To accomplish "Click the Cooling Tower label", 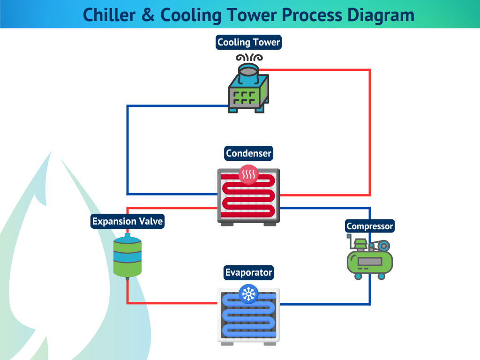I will [248, 42].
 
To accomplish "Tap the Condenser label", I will [248, 153].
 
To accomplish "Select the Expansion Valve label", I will [127, 221].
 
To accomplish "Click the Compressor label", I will [369, 226].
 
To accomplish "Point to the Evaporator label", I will [248, 272].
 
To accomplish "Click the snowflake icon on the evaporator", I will [248, 294].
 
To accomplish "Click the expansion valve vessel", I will [127, 257].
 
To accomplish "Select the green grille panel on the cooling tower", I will [244, 97].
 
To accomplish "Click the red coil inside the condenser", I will [248, 197].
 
